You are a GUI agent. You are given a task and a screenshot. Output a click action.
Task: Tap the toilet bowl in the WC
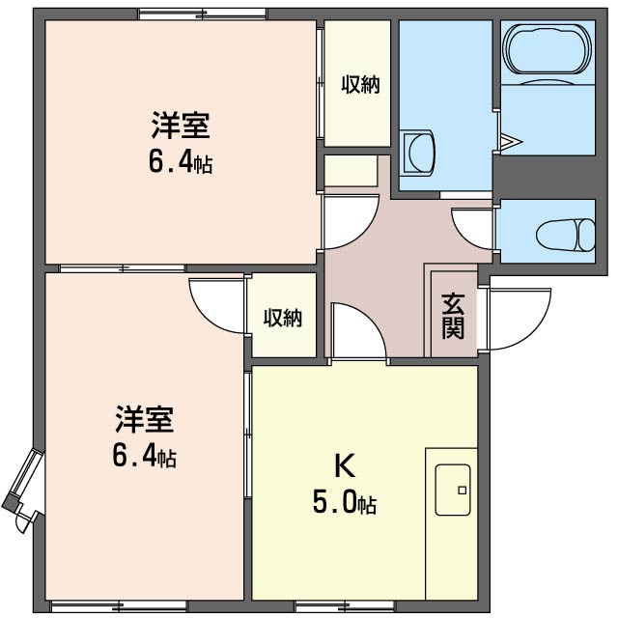pos(566,233)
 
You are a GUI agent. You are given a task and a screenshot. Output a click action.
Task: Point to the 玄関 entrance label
pos(453,316)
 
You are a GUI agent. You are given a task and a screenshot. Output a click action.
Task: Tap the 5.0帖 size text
pos(344,503)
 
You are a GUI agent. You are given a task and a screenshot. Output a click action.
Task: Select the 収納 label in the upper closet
pos(359,85)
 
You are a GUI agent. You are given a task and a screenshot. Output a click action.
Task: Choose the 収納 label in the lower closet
pos(283,317)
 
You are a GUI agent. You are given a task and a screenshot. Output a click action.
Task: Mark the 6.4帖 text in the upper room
pos(180,162)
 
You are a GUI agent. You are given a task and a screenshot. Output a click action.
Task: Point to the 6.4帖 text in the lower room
pos(144,456)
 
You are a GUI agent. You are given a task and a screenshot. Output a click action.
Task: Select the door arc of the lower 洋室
pos(214,304)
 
